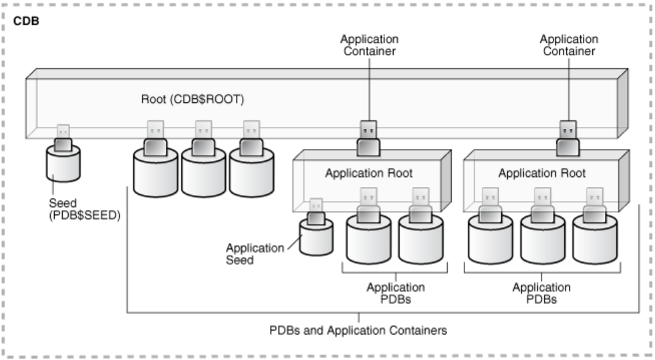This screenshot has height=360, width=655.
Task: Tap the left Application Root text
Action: [368, 173]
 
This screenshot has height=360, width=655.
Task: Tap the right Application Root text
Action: [541, 173]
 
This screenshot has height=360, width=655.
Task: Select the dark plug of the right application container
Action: [568, 130]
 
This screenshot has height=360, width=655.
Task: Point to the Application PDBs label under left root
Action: [396, 293]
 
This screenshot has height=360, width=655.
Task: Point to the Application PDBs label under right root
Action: [541, 293]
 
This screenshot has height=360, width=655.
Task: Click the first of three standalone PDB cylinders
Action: [155, 172]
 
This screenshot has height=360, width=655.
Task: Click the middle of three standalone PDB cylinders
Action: [203, 172]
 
